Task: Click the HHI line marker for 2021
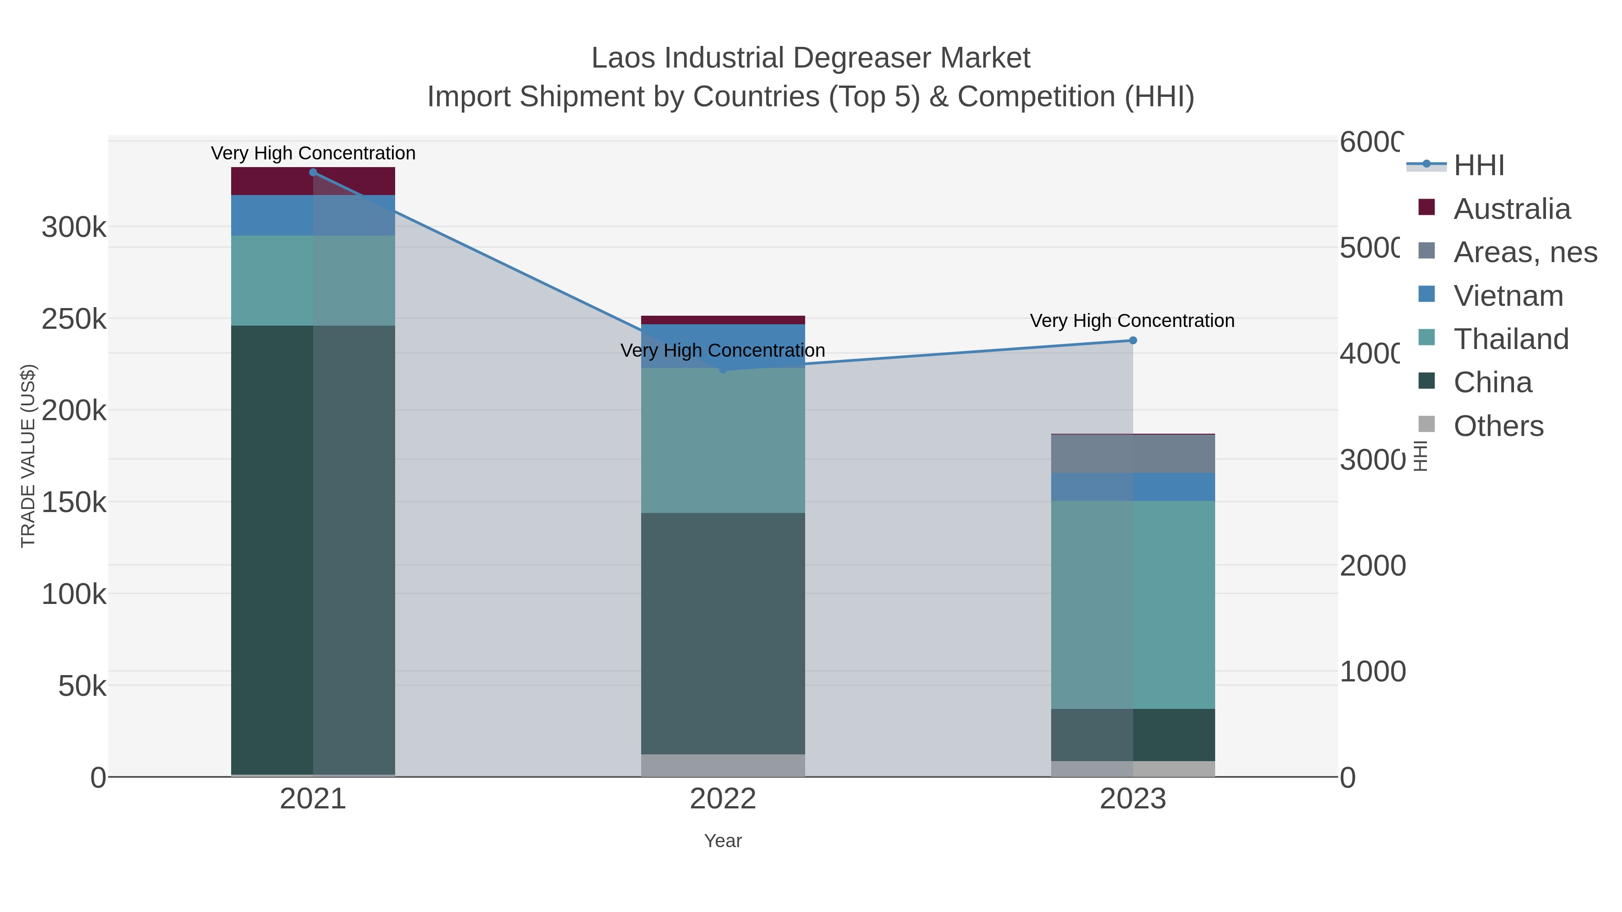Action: point(313,172)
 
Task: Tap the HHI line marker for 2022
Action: point(723,369)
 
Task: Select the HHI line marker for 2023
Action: point(1133,340)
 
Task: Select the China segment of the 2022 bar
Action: point(723,633)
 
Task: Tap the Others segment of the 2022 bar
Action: point(723,765)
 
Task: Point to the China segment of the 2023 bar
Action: point(1133,735)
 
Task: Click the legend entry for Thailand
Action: point(1511,339)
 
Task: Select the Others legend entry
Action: point(1498,426)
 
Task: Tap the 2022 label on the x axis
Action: point(723,799)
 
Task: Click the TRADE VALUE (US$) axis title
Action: point(28,456)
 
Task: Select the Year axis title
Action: point(723,841)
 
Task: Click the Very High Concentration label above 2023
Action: point(1132,321)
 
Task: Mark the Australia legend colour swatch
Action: point(1427,208)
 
